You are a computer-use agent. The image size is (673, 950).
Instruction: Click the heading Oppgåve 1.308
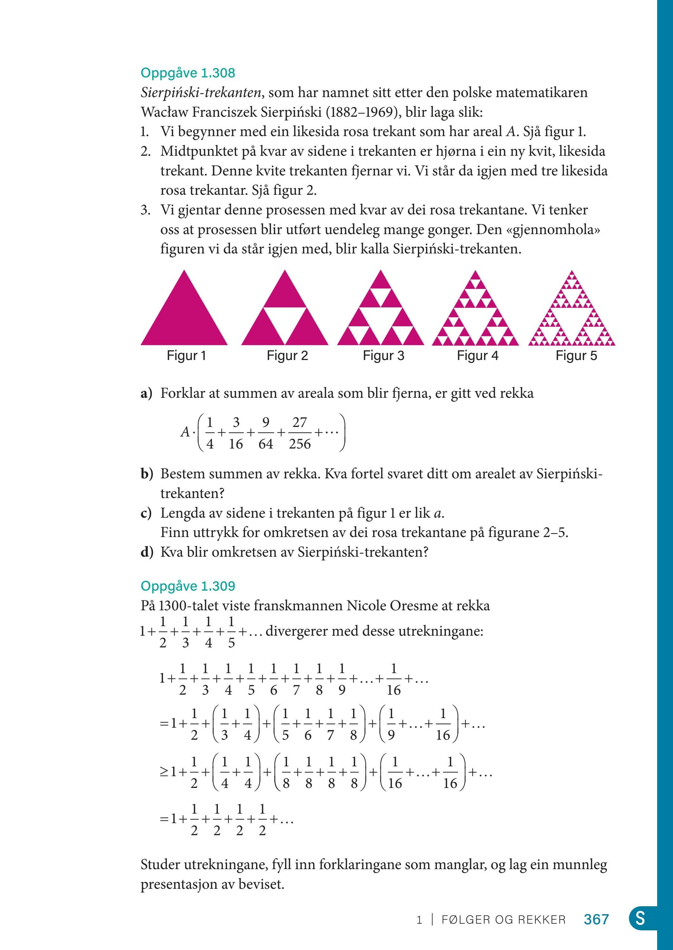pos(188,73)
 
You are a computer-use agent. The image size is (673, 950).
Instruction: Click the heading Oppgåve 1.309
pos(188,586)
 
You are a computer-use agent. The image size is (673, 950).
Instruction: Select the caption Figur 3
pos(383,356)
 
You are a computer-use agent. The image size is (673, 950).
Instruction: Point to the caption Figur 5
pos(576,356)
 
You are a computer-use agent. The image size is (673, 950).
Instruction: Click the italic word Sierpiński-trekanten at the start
pos(201,92)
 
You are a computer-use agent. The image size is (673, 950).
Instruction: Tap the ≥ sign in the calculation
pos(164,772)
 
